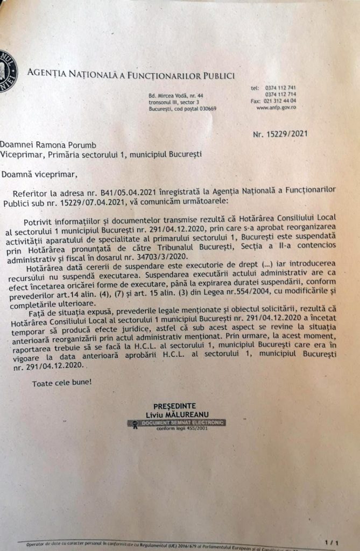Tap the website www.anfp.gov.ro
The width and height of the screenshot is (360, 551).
[276, 107]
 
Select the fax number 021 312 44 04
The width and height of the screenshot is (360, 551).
[280, 101]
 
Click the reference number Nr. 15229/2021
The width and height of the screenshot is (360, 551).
[280, 135]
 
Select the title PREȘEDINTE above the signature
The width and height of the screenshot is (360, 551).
[174, 405]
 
